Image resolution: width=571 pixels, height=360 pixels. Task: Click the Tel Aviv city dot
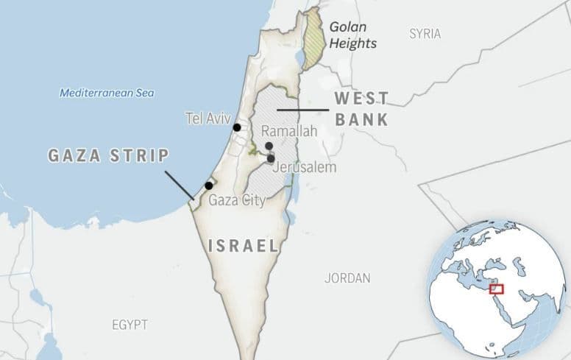click(237, 127)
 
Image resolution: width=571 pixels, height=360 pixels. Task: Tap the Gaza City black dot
click(209, 186)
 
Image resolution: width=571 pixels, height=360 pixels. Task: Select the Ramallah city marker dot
click(269, 147)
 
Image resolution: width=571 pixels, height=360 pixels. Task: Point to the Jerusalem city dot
click(271, 158)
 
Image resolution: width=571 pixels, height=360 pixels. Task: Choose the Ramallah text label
click(289, 131)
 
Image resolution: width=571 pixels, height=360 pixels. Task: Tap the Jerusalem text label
click(304, 168)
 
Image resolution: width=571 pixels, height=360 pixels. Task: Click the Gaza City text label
click(237, 200)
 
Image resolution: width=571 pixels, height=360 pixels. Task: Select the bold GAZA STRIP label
click(109, 155)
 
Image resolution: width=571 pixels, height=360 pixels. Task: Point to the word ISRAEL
click(244, 246)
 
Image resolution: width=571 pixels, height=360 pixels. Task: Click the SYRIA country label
click(425, 34)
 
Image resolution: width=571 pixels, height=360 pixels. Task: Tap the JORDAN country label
click(347, 278)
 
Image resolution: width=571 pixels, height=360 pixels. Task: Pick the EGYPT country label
click(130, 325)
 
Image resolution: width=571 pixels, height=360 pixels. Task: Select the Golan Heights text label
click(352, 35)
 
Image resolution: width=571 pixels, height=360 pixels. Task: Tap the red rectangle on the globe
click(496, 289)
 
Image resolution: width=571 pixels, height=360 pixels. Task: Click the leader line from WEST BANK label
click(302, 110)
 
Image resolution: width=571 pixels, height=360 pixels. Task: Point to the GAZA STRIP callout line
click(180, 185)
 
